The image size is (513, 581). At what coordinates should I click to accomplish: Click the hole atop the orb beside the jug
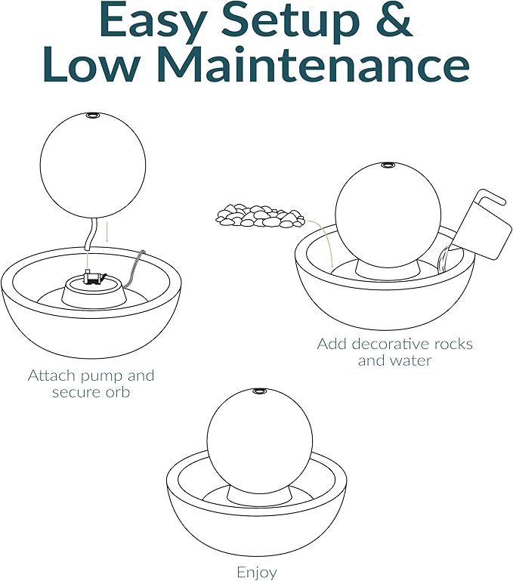pos(388,165)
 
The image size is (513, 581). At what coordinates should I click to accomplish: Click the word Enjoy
pos(257,572)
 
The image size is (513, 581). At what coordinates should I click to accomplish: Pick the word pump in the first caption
pos(102,377)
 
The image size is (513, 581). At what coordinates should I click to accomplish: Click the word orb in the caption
pos(118,392)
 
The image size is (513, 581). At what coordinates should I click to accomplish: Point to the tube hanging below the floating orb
pos(91,233)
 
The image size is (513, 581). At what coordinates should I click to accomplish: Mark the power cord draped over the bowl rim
pos(135,269)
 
